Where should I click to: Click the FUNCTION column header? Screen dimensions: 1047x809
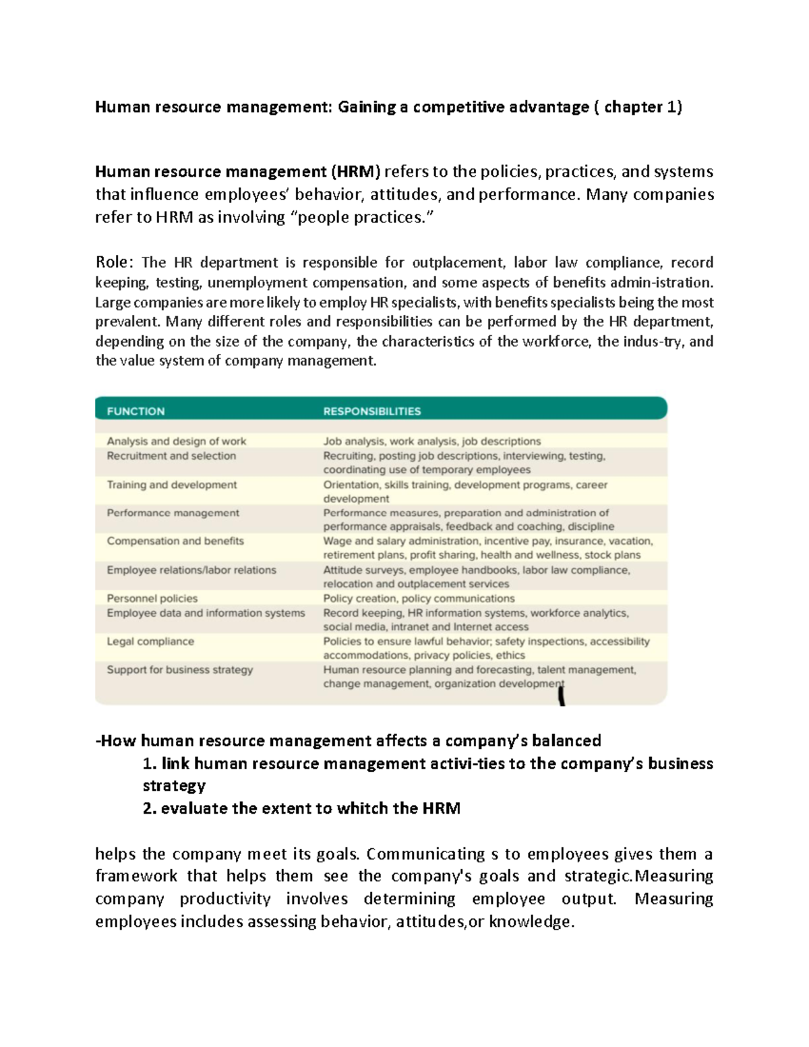pyautogui.click(x=136, y=411)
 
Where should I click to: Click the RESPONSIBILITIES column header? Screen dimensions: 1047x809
pyautogui.click(x=371, y=411)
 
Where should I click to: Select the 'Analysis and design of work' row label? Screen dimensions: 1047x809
pyautogui.click(x=176, y=442)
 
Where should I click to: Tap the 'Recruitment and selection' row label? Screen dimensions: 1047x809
pyautogui.click(x=171, y=456)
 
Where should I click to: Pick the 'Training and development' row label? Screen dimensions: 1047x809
pyautogui.click(x=171, y=485)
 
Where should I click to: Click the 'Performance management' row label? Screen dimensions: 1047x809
pyautogui.click(x=173, y=513)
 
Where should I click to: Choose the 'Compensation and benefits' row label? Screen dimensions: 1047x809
pyautogui.click(x=175, y=541)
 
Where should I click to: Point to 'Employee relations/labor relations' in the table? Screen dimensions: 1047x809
pyautogui.click(x=191, y=570)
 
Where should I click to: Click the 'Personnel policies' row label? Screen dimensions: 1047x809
pyautogui.click(x=152, y=599)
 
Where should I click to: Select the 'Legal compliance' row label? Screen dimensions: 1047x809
pyautogui.click(x=150, y=642)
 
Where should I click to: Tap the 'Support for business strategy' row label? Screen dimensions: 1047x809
pyautogui.click(x=180, y=670)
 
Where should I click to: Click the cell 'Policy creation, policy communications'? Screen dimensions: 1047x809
pyautogui.click(x=419, y=599)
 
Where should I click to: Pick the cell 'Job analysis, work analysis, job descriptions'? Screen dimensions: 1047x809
pyautogui.click(x=431, y=442)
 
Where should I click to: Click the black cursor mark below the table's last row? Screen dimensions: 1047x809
pyautogui.click(x=562, y=694)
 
